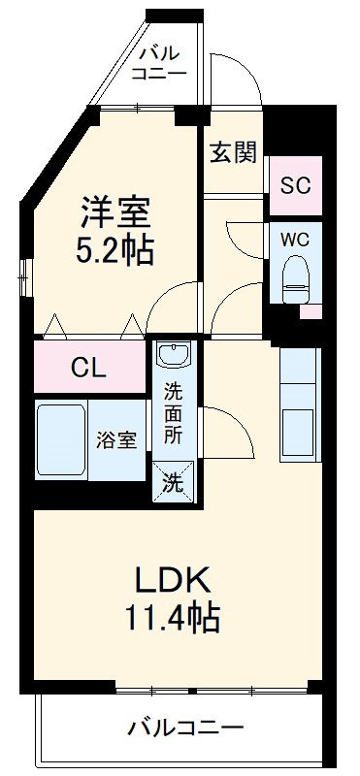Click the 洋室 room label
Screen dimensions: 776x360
(x=115, y=212)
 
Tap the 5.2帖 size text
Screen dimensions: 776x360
(x=115, y=251)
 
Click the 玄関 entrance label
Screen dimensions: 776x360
(x=233, y=152)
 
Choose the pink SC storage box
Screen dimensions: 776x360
(x=294, y=184)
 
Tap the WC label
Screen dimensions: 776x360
(x=294, y=238)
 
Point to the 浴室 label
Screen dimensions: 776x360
(x=115, y=439)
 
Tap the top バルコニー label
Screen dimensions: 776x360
(x=154, y=62)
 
